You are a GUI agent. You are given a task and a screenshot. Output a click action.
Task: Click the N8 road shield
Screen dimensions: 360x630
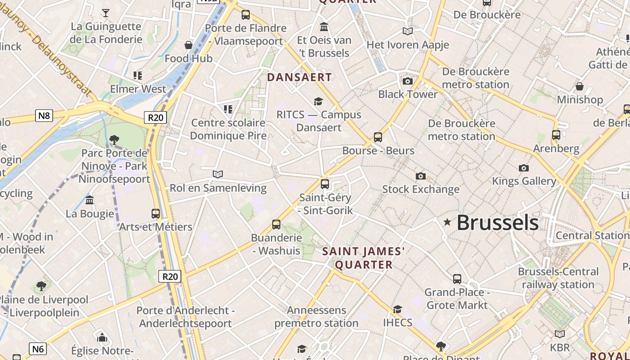pos(44,116)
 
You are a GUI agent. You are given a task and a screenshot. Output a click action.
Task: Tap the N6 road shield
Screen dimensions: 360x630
pos(38,348)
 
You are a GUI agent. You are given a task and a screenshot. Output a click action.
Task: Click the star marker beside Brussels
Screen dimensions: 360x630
pos(447,222)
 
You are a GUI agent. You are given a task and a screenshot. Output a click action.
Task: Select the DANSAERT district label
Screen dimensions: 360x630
pos(299,77)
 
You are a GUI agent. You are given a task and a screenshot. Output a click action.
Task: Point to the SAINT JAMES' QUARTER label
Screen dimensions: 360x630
pos(364,258)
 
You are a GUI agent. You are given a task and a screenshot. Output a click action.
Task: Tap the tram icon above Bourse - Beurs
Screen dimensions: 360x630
pos(378,137)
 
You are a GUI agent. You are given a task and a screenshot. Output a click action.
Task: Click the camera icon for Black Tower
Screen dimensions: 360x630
pos(408,81)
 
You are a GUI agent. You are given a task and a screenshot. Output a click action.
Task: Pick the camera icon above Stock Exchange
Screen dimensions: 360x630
pos(421,176)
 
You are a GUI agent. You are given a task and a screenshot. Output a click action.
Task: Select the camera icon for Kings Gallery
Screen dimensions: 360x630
pos(524,168)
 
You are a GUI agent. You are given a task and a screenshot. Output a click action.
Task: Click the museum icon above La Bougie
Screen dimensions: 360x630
pos(90,200)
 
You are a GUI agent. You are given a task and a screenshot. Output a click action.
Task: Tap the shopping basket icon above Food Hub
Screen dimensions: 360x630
pos(189,45)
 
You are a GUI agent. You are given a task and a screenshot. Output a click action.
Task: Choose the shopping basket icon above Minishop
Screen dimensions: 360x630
pos(580,86)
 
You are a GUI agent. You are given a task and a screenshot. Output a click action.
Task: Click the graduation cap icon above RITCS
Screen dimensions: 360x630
pos(319,101)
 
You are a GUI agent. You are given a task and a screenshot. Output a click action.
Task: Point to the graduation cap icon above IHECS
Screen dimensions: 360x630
pos(397,309)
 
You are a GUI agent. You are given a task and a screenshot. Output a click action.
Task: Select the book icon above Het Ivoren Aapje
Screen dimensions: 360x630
pos(408,31)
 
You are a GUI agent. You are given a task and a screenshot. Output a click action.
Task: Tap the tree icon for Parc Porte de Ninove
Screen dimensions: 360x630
pos(114,140)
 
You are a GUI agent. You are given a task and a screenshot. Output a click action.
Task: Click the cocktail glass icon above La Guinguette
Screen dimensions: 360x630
pos(106,13)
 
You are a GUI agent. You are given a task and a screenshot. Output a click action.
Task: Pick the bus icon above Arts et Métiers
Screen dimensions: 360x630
pos(156,214)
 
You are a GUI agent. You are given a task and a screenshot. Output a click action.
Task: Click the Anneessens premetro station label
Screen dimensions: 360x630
pos(316,316)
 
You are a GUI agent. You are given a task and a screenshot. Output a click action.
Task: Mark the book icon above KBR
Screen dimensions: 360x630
pos(560,334)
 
